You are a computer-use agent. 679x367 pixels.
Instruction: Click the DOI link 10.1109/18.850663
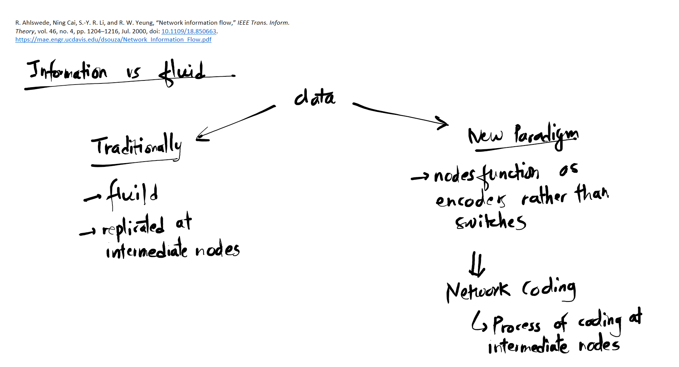[189, 31]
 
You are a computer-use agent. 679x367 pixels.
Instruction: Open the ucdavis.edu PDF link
[113, 40]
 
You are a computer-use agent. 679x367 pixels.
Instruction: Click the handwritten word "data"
[315, 98]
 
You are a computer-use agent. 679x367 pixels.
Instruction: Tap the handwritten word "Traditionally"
[136, 146]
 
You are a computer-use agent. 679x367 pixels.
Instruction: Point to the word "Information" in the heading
[67, 71]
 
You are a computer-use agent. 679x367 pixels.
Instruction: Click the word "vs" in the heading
[133, 72]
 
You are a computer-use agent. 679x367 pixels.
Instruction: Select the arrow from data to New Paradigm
[400, 114]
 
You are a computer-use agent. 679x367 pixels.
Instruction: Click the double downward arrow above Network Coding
[477, 264]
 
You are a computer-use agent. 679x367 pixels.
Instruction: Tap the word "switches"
[490, 222]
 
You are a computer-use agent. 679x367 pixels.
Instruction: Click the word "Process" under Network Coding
[516, 325]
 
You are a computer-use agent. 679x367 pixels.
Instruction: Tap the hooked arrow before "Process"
[479, 322]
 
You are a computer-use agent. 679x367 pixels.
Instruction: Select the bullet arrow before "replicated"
[88, 233]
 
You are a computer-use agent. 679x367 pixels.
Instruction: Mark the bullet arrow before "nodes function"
[420, 177]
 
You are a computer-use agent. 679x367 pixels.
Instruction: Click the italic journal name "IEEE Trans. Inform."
[263, 23]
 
